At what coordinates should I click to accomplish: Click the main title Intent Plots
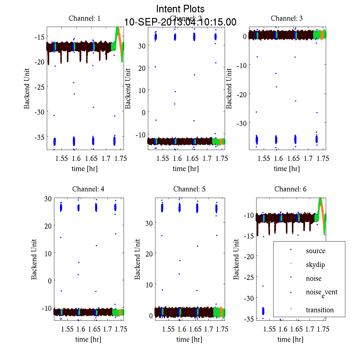tap(180, 9)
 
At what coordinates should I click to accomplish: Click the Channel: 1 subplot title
tap(85, 18)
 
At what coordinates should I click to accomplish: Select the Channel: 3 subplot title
tap(286, 18)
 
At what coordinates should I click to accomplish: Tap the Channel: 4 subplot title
tap(88, 189)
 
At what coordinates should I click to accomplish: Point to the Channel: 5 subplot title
tap(189, 189)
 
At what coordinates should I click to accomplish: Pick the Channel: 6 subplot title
tap(290, 189)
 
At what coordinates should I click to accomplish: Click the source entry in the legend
tap(316, 251)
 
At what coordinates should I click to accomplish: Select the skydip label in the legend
tap(315, 265)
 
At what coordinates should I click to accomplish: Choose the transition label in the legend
tap(319, 310)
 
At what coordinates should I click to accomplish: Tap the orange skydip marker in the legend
tap(291, 263)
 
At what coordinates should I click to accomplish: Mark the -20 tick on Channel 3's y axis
tap(242, 94)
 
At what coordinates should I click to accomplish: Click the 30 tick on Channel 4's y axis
tap(48, 199)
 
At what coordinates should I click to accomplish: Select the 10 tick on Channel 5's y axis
tap(149, 284)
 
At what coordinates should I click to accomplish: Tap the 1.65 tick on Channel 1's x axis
tap(91, 158)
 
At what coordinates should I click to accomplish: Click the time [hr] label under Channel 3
tap(286, 169)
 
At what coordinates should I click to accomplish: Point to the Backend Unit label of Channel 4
tap(34, 259)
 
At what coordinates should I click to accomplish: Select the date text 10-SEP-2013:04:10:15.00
tap(180, 22)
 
